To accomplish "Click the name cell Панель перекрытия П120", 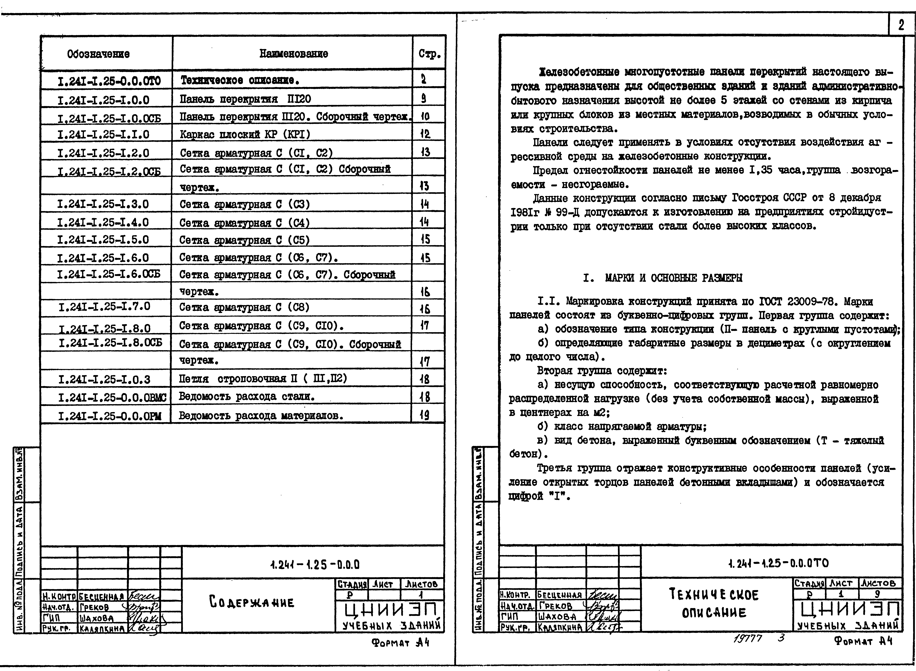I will click(x=246, y=99).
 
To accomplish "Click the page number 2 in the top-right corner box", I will click(x=901, y=25).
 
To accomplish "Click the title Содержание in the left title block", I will click(x=251, y=602).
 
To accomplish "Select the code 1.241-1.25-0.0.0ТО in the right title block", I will click(x=778, y=563).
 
